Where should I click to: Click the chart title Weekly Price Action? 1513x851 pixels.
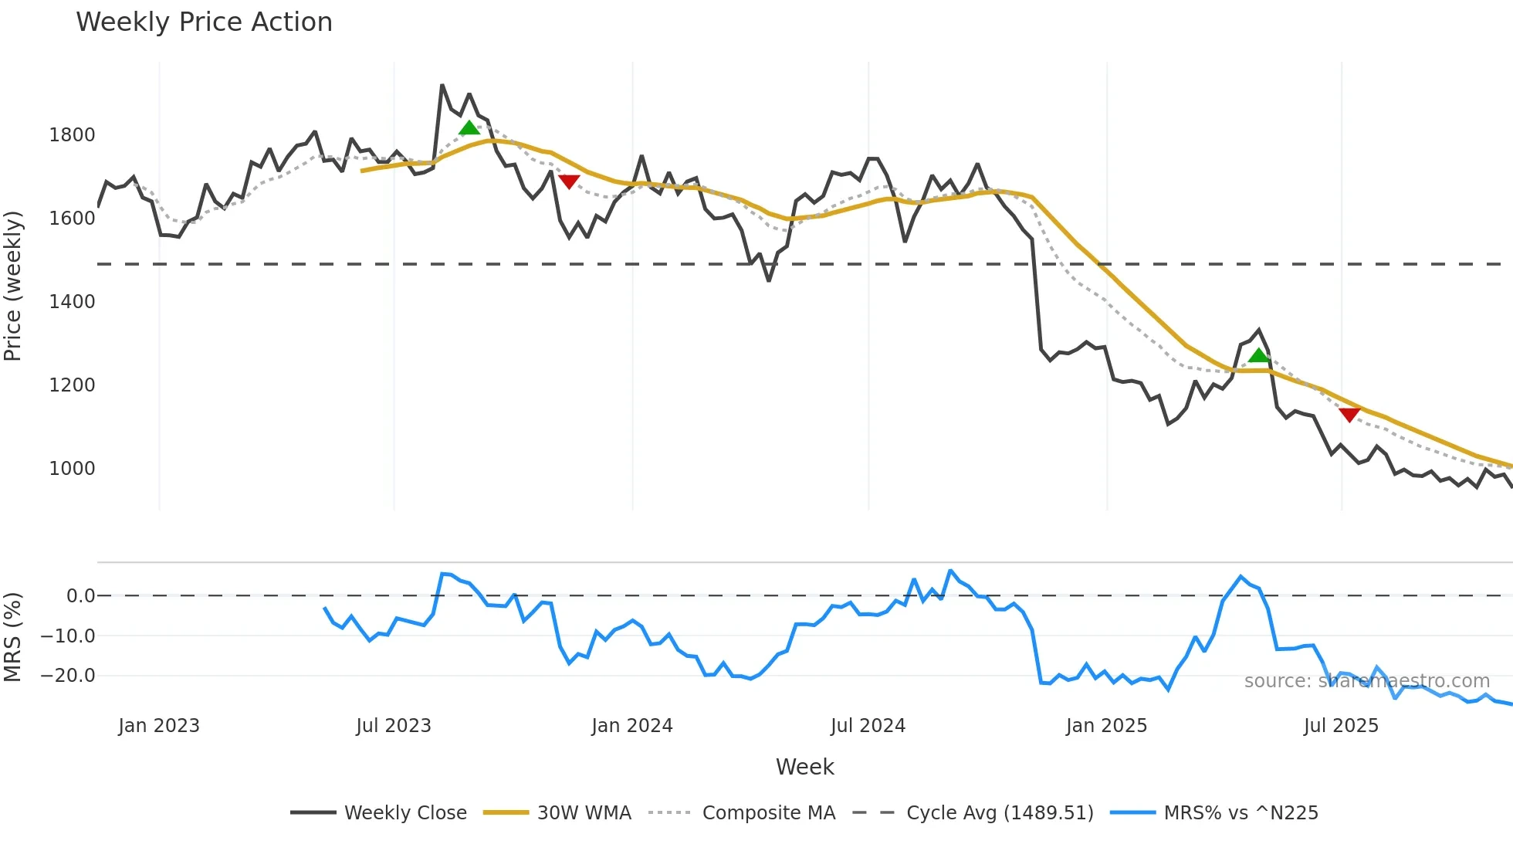click(x=204, y=22)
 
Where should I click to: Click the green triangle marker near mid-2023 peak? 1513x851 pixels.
click(x=469, y=128)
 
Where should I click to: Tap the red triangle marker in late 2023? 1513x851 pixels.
click(x=569, y=181)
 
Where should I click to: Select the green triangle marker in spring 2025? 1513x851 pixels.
click(x=1259, y=355)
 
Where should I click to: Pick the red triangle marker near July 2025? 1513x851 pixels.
click(x=1349, y=415)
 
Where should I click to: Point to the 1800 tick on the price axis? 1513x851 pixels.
click(x=72, y=135)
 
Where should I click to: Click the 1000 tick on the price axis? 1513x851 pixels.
click(x=72, y=469)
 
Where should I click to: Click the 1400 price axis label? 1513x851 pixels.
click(x=72, y=302)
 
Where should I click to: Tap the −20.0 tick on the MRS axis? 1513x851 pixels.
click(x=67, y=676)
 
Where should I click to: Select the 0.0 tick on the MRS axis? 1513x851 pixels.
click(x=80, y=596)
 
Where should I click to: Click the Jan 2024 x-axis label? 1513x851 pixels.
click(x=632, y=726)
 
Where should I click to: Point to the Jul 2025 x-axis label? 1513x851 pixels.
click(x=1341, y=726)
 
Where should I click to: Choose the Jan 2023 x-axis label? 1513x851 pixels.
click(x=159, y=726)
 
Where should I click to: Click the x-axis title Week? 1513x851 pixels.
click(x=804, y=767)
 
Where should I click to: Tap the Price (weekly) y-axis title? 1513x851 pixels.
click(x=13, y=286)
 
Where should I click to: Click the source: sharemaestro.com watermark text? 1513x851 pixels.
click(x=1366, y=681)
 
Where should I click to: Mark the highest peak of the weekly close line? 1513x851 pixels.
click(x=442, y=85)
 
